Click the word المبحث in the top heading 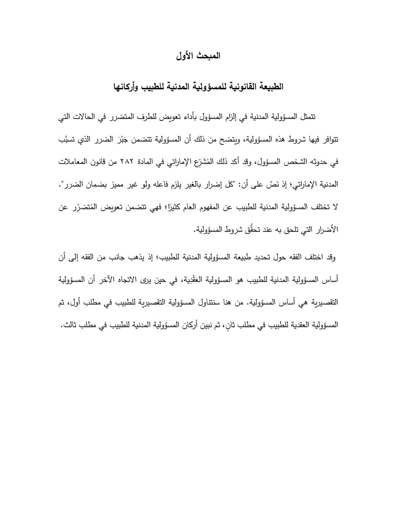pos(209,56)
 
